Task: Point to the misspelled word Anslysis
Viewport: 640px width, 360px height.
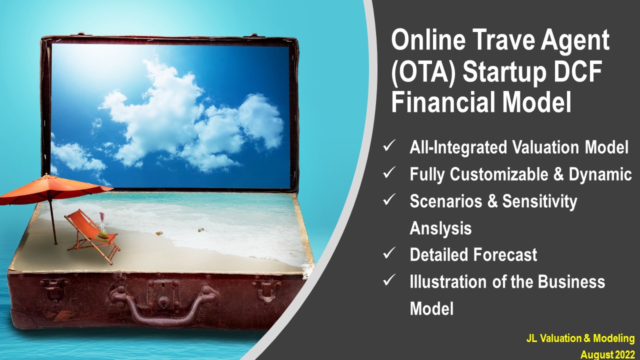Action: [440, 228]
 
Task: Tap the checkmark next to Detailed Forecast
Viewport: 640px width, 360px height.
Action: [389, 253]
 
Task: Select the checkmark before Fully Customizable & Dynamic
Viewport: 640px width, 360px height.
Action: [389, 172]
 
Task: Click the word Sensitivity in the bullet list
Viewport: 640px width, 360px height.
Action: [539, 201]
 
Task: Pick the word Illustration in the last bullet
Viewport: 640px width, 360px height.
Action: [448, 281]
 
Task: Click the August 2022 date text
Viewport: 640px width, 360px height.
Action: [607, 355]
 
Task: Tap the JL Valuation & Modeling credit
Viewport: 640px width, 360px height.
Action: [580, 338]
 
